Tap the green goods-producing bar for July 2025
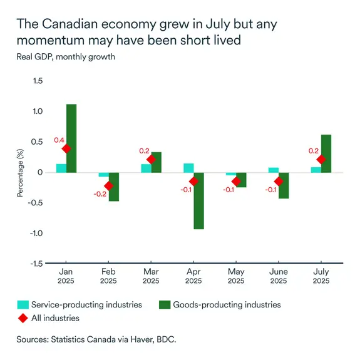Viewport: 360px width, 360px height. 326,153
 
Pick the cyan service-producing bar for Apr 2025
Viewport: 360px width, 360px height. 188,168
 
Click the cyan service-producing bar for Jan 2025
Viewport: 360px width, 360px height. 61,168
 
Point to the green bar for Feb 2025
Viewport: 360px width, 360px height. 114,187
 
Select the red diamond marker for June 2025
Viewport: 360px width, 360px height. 279,181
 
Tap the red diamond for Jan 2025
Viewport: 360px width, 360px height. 66,148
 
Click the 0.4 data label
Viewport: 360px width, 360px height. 59,140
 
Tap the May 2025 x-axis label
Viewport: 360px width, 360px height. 236,277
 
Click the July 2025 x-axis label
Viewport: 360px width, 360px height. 321,277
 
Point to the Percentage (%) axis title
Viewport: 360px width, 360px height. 20,172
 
